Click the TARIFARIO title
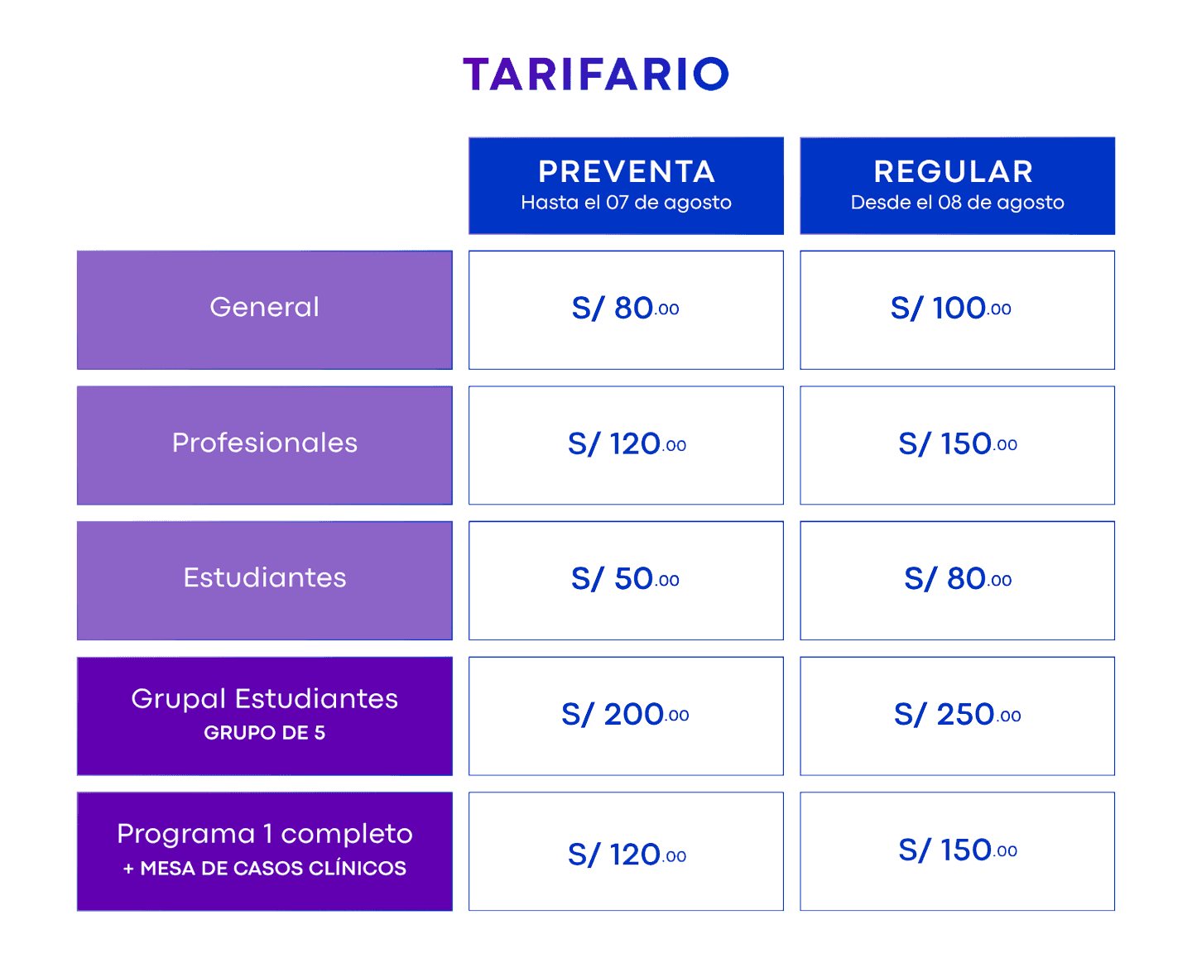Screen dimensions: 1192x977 595,74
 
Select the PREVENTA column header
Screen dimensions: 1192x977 627,171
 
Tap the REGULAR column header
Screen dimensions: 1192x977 954,171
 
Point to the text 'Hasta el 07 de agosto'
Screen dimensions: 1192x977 627,202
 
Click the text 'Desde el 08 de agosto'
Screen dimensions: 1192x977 958,202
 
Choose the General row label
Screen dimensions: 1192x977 265,307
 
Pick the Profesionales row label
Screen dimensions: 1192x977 265,443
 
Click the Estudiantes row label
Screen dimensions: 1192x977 265,577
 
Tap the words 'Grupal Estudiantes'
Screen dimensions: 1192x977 265,698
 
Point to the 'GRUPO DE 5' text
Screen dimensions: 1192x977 265,732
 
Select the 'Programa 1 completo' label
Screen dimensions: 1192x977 265,834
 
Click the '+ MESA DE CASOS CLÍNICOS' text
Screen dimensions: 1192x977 265,868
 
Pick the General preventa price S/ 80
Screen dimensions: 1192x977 625,309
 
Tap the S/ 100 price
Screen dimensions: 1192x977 950,309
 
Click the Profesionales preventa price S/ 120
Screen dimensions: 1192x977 627,444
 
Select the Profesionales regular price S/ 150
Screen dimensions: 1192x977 958,444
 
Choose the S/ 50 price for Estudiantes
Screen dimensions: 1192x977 625,579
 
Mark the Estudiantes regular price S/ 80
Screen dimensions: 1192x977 958,579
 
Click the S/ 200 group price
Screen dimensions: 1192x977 625,715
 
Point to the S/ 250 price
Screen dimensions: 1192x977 958,715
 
